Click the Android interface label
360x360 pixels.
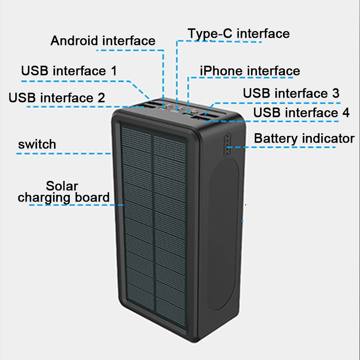pos(103,40)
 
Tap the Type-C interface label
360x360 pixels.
pos(238,33)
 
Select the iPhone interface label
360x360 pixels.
pos(249,71)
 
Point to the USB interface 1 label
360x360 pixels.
pos(69,71)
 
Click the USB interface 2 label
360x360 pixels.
pos(57,98)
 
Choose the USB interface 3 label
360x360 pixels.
pos(291,93)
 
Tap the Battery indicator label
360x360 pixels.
pos(304,138)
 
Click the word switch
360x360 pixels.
pos(37,144)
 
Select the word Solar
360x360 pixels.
pos(62,186)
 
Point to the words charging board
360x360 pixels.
pos(63,197)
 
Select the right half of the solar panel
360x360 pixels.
pos(170,225)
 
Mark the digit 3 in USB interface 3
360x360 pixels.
pos(335,93)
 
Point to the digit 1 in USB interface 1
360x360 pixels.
pos(113,71)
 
